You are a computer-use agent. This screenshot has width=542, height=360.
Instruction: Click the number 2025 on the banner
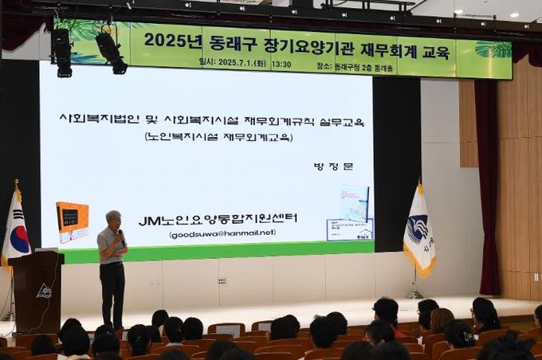click(x=162, y=40)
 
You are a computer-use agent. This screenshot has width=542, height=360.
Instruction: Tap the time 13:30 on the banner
click(x=281, y=64)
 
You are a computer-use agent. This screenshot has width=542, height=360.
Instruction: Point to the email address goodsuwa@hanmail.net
click(x=222, y=233)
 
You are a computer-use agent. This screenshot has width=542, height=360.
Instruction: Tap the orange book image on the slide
click(x=73, y=221)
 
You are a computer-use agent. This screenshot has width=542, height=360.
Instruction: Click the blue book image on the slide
click(x=354, y=203)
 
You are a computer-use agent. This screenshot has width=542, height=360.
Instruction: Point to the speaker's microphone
click(x=121, y=236)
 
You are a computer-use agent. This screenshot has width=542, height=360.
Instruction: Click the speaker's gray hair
click(x=113, y=216)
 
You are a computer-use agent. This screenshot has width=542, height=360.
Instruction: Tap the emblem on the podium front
click(x=44, y=291)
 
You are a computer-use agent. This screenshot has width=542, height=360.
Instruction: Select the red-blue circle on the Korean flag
click(x=18, y=237)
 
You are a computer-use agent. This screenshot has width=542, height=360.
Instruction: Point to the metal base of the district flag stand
click(x=414, y=295)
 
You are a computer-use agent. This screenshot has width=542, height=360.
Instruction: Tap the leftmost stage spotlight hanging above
click(x=61, y=52)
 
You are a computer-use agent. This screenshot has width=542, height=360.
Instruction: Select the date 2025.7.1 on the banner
click(x=232, y=64)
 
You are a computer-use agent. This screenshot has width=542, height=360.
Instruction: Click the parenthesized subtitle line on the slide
click(x=218, y=137)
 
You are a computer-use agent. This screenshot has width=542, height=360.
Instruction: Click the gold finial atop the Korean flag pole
click(x=16, y=184)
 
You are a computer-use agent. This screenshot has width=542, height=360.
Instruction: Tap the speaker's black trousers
click(x=112, y=292)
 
